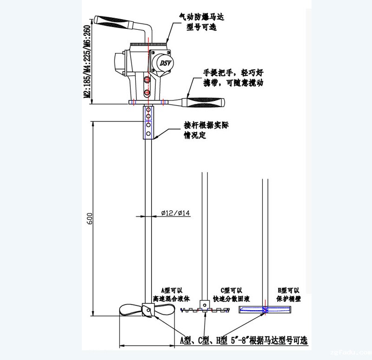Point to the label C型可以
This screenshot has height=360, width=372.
click(228, 289)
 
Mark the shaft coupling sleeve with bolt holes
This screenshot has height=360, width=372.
click(148, 122)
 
